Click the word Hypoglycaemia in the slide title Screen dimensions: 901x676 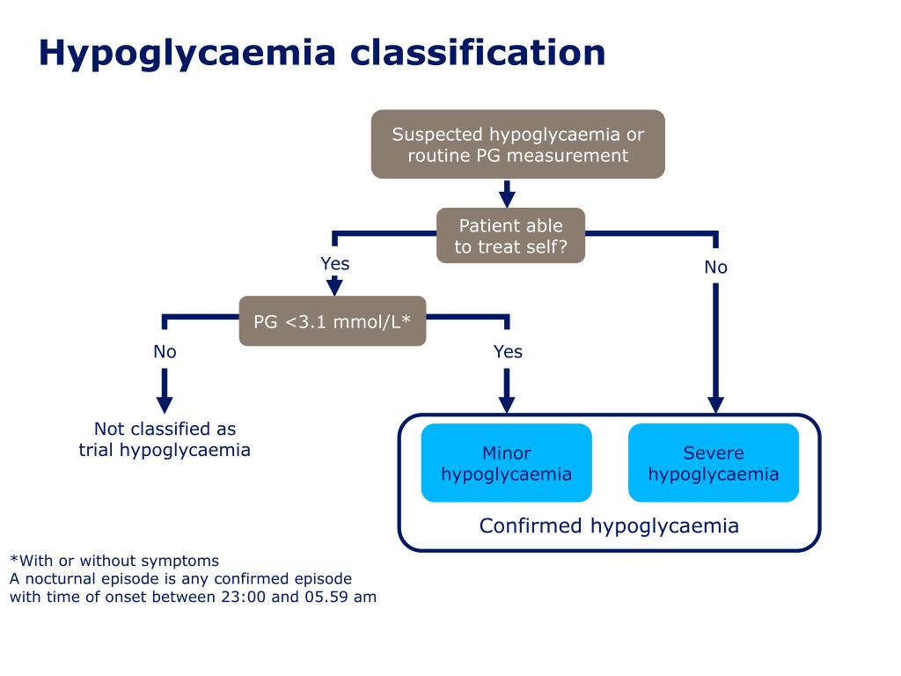click(x=187, y=54)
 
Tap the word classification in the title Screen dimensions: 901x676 click(x=478, y=52)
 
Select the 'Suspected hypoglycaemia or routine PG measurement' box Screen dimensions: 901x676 click(x=517, y=144)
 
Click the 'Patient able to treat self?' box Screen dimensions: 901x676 click(x=511, y=236)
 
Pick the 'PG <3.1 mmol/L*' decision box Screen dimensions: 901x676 click(x=332, y=320)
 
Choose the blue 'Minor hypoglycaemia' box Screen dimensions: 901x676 click(x=506, y=463)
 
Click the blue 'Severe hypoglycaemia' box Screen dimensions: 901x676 click(x=713, y=463)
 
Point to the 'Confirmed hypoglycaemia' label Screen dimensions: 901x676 click(x=609, y=525)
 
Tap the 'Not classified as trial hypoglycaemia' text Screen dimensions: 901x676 click(x=165, y=439)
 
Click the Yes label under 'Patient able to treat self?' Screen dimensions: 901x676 click(x=335, y=263)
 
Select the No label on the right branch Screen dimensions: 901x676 click(x=716, y=267)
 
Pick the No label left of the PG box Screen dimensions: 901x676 click(x=165, y=351)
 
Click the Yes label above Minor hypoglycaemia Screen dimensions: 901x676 click(x=508, y=351)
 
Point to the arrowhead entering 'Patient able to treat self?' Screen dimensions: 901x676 click(x=507, y=200)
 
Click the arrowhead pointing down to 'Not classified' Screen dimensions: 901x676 click(x=165, y=405)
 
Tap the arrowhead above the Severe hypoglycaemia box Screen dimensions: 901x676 click(x=715, y=405)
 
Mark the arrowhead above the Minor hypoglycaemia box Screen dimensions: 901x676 click(x=506, y=405)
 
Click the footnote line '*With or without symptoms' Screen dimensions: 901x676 click(x=114, y=561)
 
